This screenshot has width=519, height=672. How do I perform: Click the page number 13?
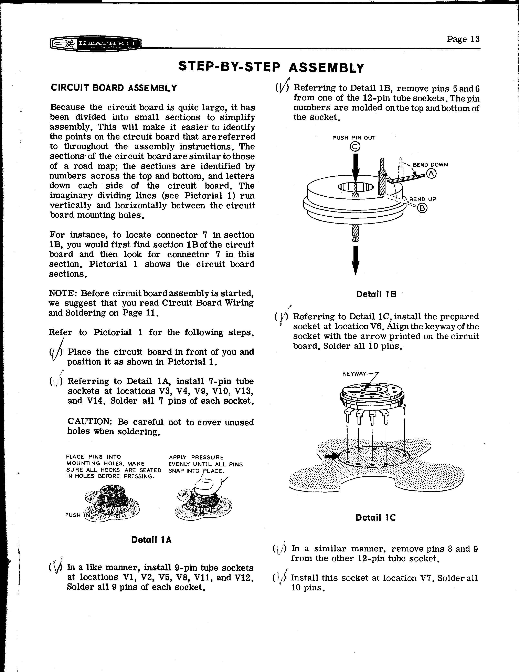[463, 39]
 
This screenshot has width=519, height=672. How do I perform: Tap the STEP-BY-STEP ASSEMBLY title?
[271, 67]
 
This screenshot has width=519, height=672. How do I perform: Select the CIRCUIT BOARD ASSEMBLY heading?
[114, 88]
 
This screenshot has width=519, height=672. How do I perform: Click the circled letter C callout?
[355, 147]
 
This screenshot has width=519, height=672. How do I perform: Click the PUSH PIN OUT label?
[354, 138]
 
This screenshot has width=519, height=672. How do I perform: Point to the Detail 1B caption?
[376, 294]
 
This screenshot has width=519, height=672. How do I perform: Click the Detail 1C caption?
[375, 518]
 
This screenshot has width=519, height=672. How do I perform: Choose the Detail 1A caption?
[151, 540]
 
